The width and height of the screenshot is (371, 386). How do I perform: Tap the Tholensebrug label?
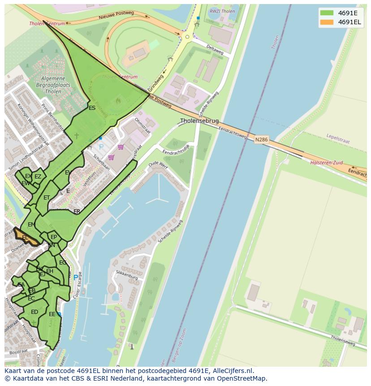coord(199,121)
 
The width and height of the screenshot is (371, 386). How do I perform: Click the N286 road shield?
coord(261,140)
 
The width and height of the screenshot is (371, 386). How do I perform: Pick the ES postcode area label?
coord(92,108)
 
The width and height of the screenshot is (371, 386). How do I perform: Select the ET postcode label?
coord(47,198)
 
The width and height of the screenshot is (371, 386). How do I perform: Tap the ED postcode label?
coord(35,312)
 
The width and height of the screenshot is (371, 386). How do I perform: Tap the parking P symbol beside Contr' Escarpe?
coord(76,278)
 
